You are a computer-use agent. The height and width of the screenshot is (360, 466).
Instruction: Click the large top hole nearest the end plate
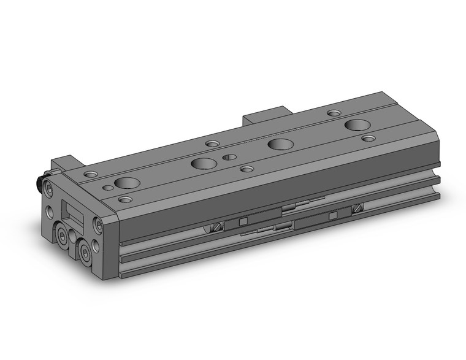126,182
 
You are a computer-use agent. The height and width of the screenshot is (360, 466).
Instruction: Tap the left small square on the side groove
243,221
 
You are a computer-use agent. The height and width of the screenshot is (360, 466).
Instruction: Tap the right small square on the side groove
333,215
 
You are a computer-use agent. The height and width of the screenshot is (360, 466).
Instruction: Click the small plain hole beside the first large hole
108,188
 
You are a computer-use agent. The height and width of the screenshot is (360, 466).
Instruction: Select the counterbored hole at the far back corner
334,113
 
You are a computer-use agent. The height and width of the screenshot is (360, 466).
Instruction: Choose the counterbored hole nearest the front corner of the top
125,199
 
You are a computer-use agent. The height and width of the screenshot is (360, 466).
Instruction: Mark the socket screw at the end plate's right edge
97,225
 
